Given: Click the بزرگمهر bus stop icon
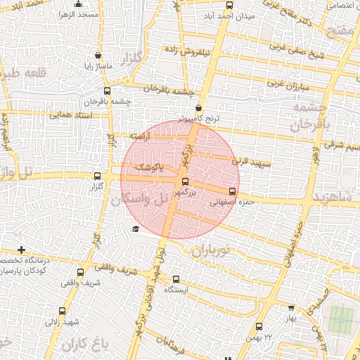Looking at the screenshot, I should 186,181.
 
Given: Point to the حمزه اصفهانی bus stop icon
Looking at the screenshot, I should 233,191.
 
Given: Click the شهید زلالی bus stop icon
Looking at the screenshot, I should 62,311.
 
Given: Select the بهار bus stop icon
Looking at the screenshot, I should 292,307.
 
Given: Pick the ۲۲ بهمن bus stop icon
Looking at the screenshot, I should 259,326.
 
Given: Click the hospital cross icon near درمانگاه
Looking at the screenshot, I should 22,250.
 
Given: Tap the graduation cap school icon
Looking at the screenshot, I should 136,229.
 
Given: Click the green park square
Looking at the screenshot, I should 341,321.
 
